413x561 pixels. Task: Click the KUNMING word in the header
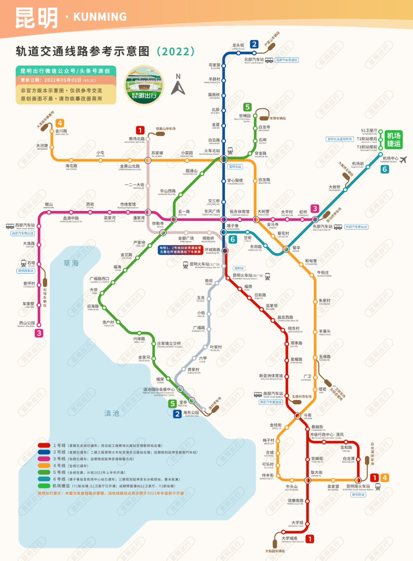(100, 17)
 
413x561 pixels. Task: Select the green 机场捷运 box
(393, 139)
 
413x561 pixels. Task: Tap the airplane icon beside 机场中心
(403, 160)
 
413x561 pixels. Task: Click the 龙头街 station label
(238, 46)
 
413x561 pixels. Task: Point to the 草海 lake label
(71, 263)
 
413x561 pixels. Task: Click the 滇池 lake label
(112, 413)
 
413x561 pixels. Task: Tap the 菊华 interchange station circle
(286, 249)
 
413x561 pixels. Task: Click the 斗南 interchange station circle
(298, 416)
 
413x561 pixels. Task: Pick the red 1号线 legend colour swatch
(44, 445)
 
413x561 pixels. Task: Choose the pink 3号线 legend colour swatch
(44, 459)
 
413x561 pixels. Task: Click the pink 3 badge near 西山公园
(39, 333)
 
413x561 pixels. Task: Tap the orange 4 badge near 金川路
(60, 123)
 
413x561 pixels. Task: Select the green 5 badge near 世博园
(247, 107)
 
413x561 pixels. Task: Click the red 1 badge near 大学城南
(310, 539)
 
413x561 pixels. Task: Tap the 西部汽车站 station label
(25, 225)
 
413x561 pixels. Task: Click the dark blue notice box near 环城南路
(180, 250)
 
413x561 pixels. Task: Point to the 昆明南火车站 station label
(358, 486)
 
